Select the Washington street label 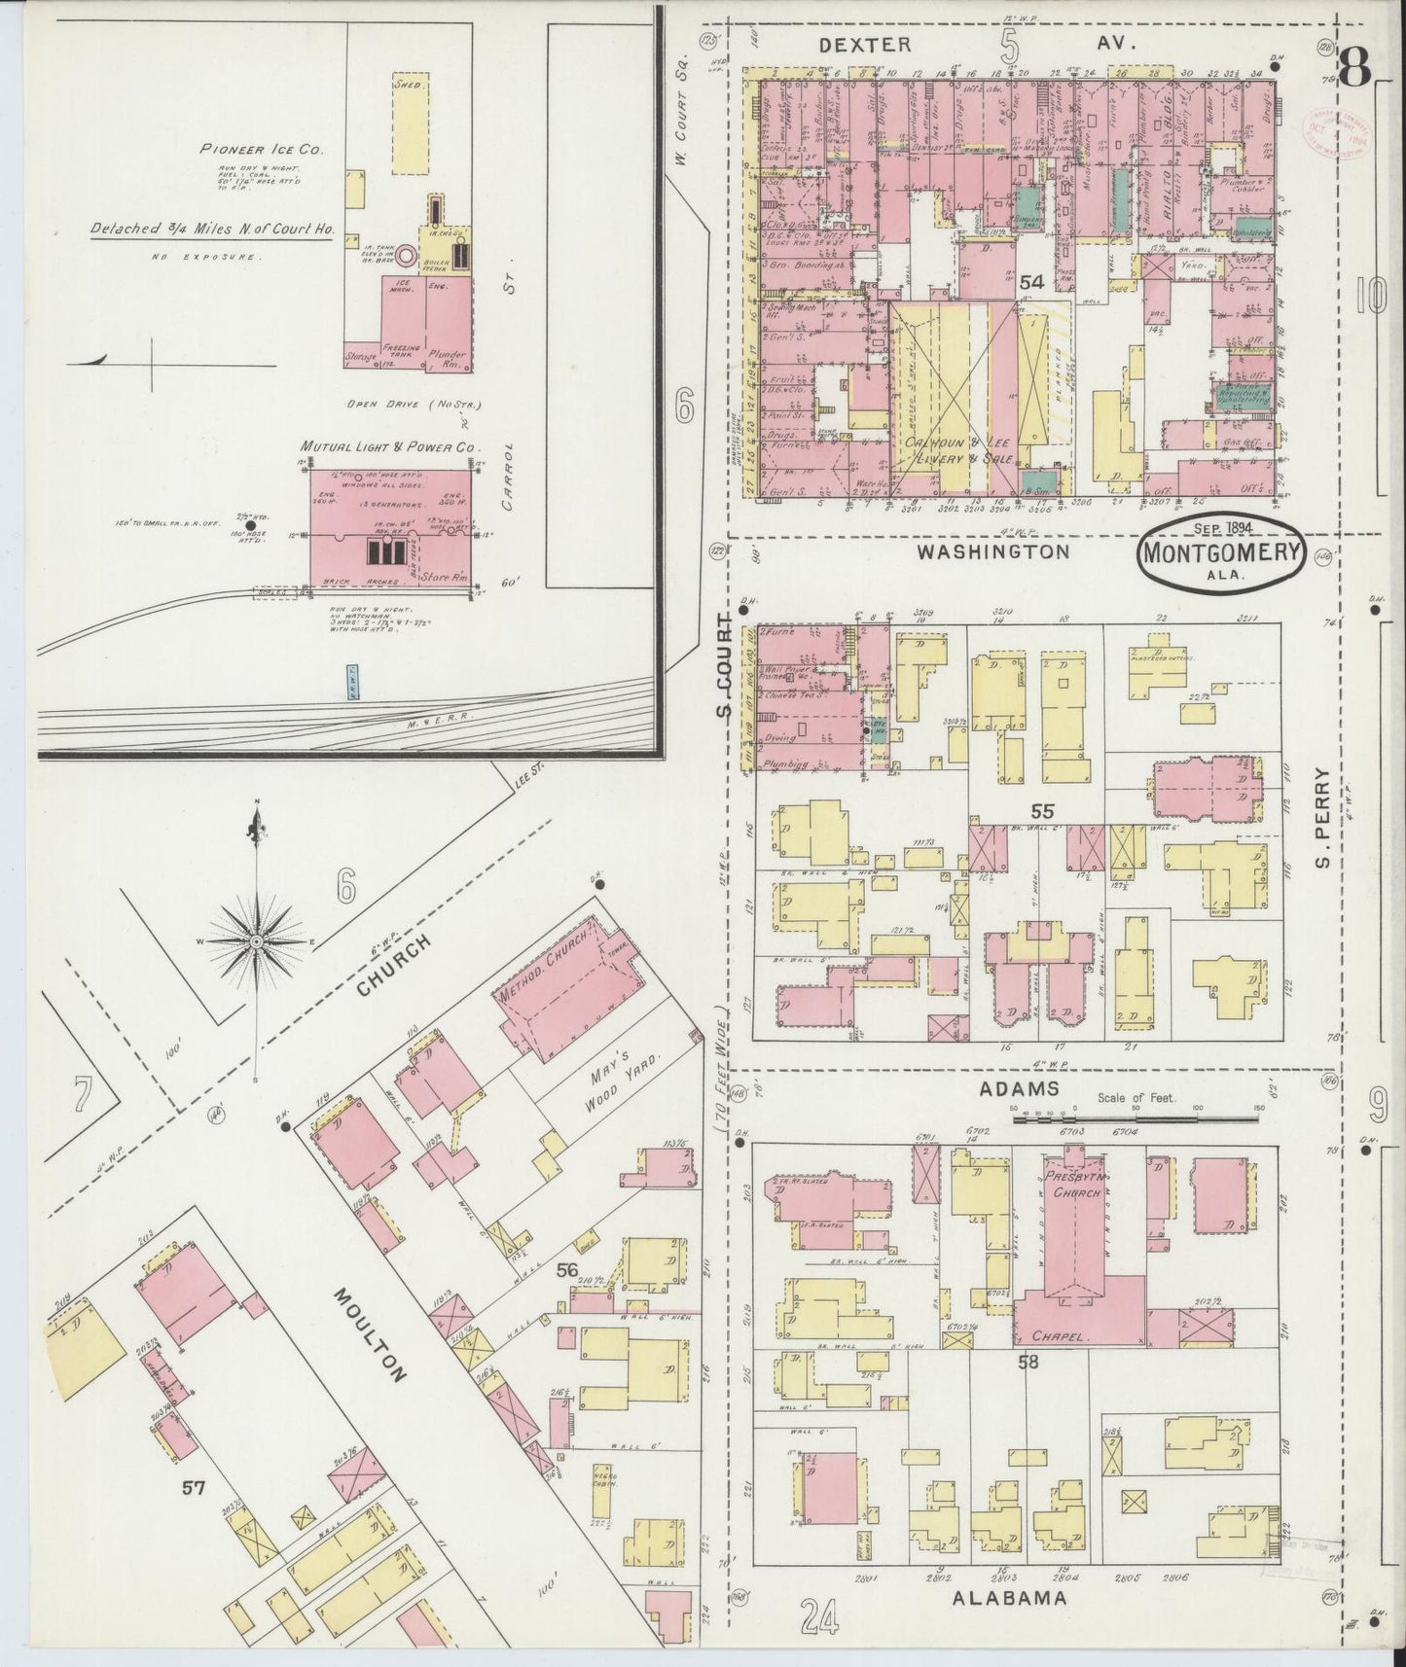pos(992,552)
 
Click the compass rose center pos(256,941)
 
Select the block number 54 pos(1031,282)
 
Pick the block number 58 pos(1028,1362)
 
